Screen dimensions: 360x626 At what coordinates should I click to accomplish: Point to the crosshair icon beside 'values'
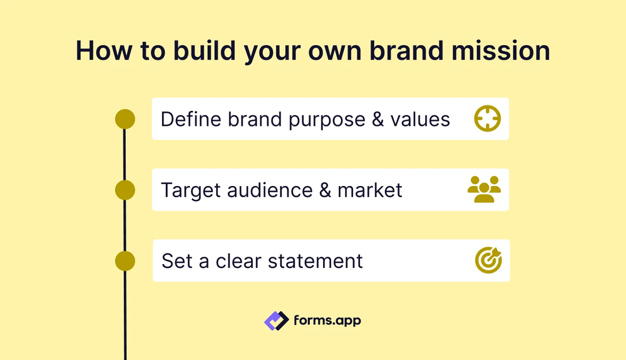click(488, 118)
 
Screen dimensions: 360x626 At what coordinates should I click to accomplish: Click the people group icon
click(485, 189)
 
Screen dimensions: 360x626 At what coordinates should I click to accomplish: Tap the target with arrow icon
click(488, 260)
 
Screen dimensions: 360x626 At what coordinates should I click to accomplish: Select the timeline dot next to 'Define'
click(125, 119)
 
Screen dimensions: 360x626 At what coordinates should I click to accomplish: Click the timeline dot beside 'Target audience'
click(125, 190)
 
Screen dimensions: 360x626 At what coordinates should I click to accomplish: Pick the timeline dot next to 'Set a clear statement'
click(125, 260)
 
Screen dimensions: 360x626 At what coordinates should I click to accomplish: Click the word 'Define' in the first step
click(190, 119)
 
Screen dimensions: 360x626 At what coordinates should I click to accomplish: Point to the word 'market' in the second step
click(370, 190)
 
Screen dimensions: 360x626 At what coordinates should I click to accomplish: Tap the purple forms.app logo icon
click(276, 321)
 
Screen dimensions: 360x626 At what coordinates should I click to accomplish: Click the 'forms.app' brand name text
click(327, 321)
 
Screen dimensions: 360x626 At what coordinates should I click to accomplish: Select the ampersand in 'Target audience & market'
click(325, 190)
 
